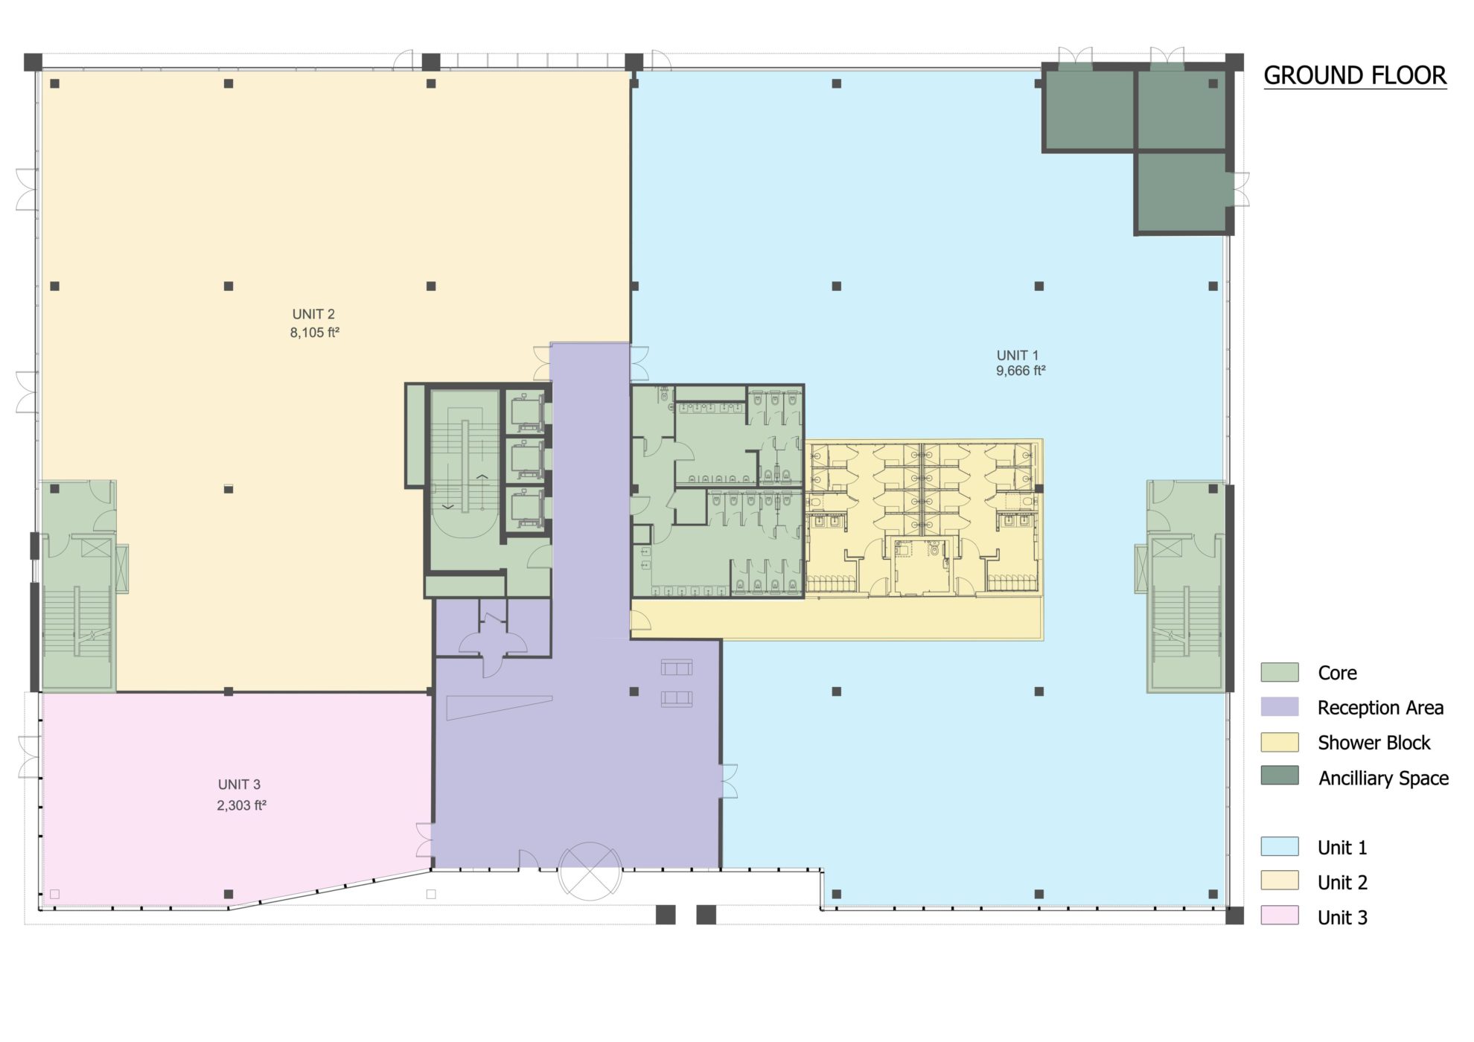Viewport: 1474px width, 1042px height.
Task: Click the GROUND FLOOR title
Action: coord(1355,76)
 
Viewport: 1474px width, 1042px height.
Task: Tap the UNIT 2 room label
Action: coord(313,314)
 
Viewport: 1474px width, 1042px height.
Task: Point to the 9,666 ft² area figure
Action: coord(1021,371)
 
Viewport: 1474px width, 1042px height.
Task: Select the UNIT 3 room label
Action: coord(239,784)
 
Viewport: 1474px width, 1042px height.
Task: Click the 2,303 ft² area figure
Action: coord(241,805)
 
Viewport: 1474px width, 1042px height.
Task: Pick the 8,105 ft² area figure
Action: coord(314,333)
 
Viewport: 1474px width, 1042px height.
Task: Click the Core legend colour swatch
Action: coord(1280,672)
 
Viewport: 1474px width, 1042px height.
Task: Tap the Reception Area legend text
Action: coord(1380,708)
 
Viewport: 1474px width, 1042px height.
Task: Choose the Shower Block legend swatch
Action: coord(1280,742)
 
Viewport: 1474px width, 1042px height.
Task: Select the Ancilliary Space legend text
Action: coord(1383,778)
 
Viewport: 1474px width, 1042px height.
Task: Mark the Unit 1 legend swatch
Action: coord(1280,846)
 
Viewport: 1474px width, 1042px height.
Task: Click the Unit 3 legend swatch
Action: coord(1280,915)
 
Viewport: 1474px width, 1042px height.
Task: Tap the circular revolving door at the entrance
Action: coord(590,871)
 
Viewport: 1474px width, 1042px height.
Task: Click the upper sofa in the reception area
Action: coord(677,667)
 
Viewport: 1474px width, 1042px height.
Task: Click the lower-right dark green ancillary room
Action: coord(1182,192)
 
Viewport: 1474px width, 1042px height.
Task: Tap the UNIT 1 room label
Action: coord(1018,355)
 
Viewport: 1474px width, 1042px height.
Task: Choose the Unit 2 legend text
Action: coord(1342,883)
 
